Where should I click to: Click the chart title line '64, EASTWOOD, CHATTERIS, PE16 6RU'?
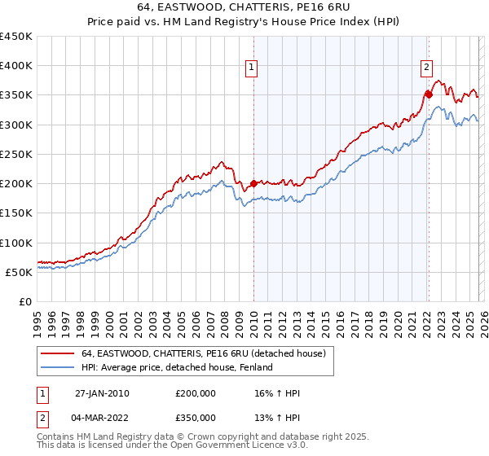click(x=244, y=7)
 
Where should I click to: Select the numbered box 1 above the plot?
click(x=253, y=68)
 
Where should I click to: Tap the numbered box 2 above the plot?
click(x=426, y=68)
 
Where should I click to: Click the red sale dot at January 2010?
click(x=253, y=183)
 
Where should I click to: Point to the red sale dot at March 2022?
click(x=428, y=94)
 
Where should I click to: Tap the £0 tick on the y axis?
click(x=26, y=301)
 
